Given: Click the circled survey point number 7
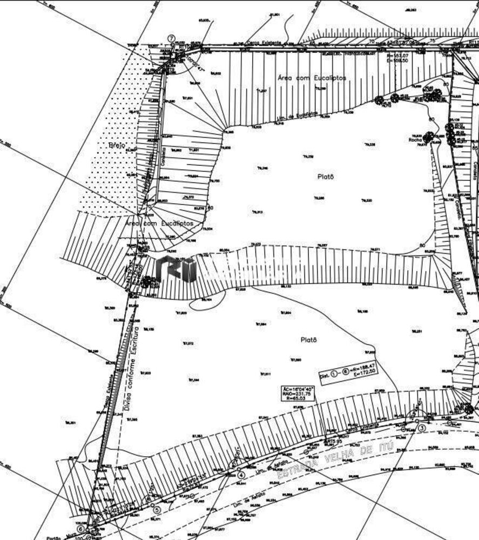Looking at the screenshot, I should click(171, 38).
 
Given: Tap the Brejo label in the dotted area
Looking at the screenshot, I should click(117, 146).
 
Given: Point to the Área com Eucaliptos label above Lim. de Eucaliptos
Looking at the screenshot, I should click(312, 78).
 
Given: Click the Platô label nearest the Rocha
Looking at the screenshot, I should click(325, 175).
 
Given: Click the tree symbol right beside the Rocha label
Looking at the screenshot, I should click(429, 138).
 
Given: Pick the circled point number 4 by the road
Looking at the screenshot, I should click(241, 475).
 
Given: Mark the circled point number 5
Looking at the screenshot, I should click(157, 508).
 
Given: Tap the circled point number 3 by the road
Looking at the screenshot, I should click(422, 428).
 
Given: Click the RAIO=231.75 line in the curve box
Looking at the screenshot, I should click(297, 395).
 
